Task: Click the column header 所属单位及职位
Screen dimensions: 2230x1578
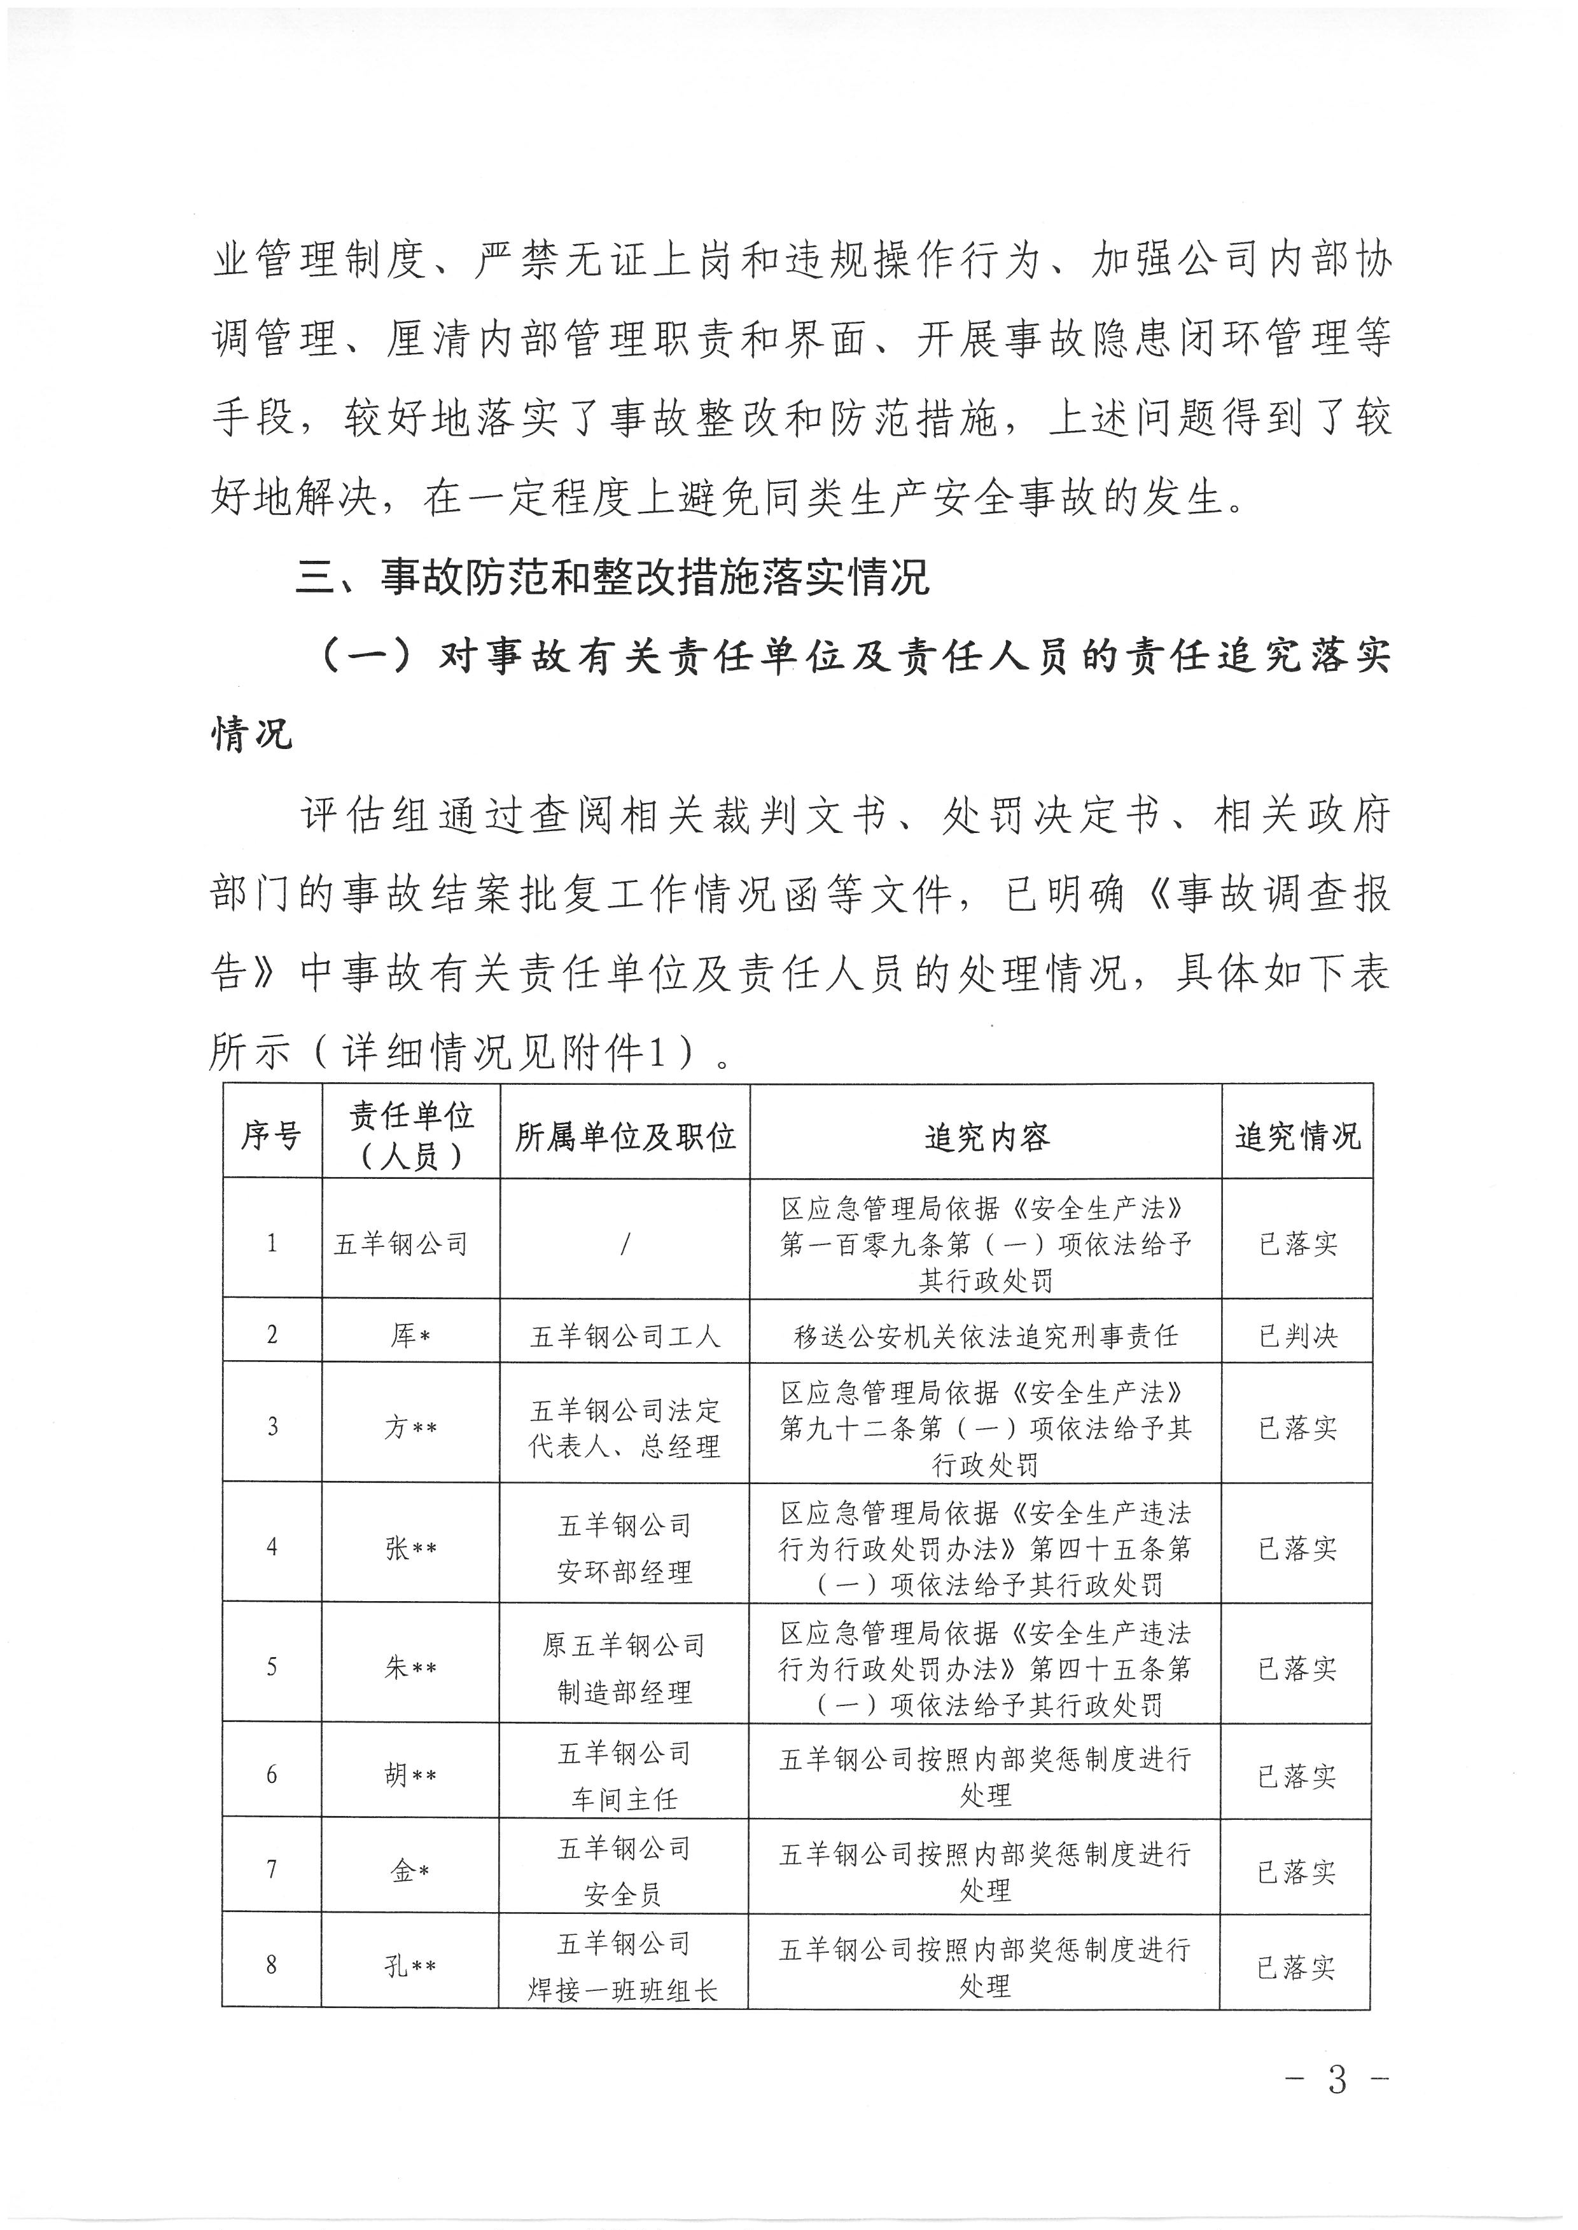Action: coord(625,1136)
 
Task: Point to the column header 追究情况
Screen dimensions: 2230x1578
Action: coord(1297,1136)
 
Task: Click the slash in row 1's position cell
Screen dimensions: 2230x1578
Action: coord(625,1243)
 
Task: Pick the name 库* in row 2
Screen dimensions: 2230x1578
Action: coord(409,1335)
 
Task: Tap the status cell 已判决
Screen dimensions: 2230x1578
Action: coord(1297,1335)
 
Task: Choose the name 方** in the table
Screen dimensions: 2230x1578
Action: coord(409,1427)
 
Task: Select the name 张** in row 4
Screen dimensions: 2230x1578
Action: coord(409,1547)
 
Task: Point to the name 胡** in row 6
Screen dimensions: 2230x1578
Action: coord(409,1775)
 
